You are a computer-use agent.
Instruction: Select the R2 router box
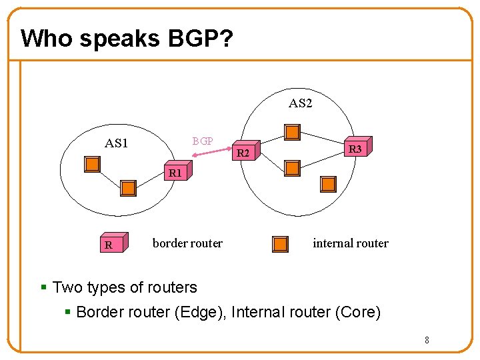pos(245,153)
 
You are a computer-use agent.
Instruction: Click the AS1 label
pos(117,143)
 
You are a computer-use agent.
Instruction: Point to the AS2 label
pos(300,103)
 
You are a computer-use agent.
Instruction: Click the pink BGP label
pos(203,141)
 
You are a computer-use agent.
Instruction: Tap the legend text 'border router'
pos(187,243)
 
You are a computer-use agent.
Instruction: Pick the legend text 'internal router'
pos(350,243)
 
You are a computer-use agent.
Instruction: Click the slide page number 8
pos(427,341)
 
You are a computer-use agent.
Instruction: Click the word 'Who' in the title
pos(47,39)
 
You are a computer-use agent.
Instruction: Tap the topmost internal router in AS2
pos(292,131)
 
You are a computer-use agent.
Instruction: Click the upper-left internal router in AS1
pos(92,163)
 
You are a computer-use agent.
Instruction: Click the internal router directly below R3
pos(327,184)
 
